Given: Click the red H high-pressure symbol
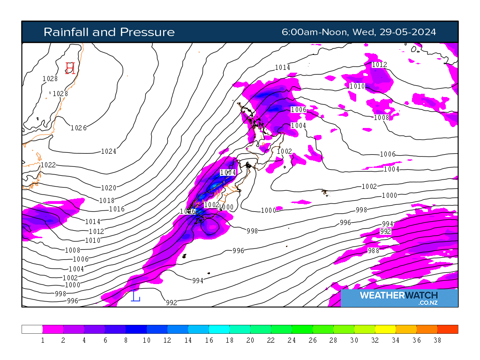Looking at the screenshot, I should coord(70,68).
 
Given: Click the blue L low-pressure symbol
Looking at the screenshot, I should coord(135,296).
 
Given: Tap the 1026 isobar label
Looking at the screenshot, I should coord(78,128).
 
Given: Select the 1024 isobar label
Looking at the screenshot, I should coord(109,151).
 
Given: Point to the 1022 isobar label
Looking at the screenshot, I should coord(48,165).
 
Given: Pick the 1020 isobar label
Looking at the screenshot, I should coord(109,188).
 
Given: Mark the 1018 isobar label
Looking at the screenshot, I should coord(107,201).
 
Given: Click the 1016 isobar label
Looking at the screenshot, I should coord(117,209).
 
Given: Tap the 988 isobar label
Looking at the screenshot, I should coord(373,251).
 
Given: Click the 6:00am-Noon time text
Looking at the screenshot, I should coord(315,32).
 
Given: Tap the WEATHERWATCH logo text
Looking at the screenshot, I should coord(399,295).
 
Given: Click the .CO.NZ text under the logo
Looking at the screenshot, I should coord(428,303).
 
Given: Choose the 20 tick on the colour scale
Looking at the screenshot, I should coord(250,341).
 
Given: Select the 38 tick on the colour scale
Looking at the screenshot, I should coord(437,341).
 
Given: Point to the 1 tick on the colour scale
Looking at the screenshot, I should coord(43,341).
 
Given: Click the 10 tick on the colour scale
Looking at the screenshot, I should coord(146,341).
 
